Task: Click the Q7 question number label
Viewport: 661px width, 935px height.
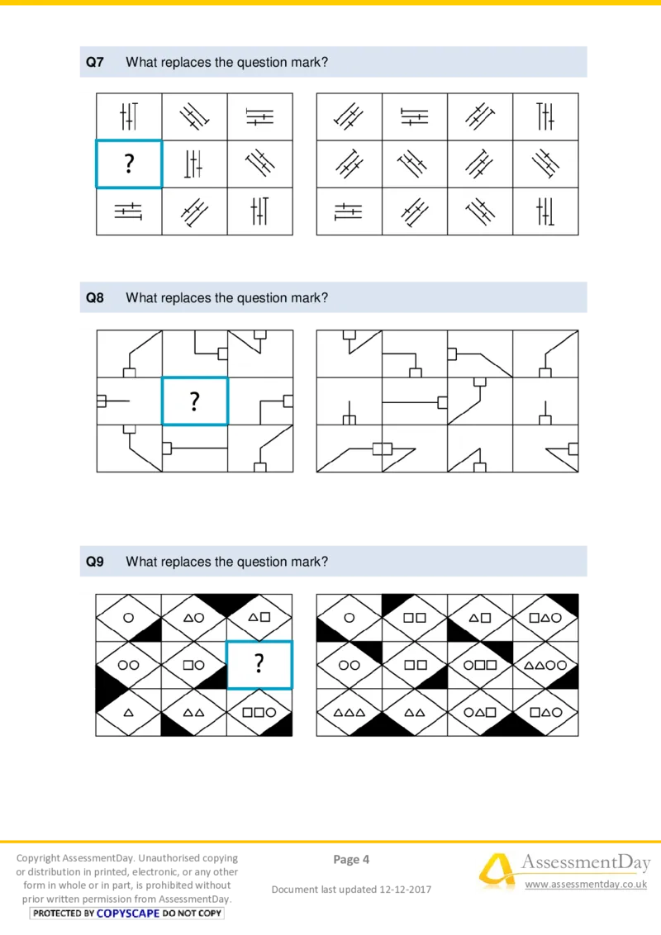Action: pos(95,62)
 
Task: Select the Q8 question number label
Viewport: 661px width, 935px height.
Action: pos(95,297)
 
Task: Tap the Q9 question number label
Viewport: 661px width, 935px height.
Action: pos(95,561)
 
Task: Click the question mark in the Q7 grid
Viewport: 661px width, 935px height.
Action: pos(129,164)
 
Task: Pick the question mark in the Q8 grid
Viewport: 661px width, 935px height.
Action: pos(194,401)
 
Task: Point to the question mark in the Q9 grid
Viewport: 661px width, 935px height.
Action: pos(259,663)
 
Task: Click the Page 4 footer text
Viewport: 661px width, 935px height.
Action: pos(351,859)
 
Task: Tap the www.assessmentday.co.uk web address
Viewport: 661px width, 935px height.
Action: pos(586,885)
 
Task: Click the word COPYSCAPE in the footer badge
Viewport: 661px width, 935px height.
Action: pos(128,913)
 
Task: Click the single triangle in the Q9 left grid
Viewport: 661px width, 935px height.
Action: pos(128,713)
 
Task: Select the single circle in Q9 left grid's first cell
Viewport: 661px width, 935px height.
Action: pos(128,618)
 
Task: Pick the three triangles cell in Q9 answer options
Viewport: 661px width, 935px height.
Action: pos(349,713)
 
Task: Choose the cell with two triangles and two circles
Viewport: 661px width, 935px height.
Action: pos(545,665)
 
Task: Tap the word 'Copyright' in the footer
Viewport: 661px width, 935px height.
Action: pos(38,859)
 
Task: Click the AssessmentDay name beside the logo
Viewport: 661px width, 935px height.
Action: pos(586,863)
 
